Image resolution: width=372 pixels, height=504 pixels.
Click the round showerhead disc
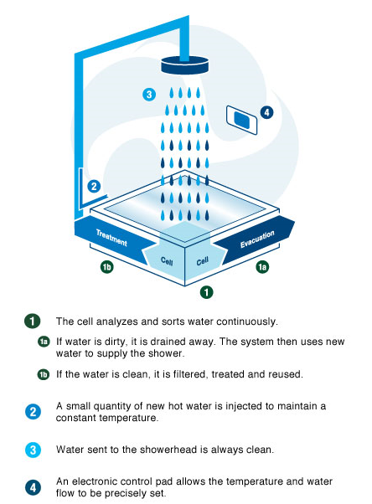pyautogui.click(x=184, y=65)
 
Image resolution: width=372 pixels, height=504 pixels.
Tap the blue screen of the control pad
pyautogui.click(x=241, y=121)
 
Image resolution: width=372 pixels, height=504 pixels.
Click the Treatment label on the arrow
pyautogui.click(x=111, y=238)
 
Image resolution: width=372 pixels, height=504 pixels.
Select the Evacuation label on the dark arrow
pyautogui.click(x=257, y=239)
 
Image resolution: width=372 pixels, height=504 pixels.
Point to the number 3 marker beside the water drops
pyautogui.click(x=149, y=95)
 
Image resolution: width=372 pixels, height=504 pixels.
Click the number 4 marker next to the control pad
pyautogui.click(x=266, y=112)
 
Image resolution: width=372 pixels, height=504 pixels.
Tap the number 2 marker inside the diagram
pyautogui.click(x=94, y=187)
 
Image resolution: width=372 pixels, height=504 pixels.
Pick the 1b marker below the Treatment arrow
pyautogui.click(x=107, y=267)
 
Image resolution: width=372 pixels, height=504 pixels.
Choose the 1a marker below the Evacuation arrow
pyautogui.click(x=262, y=267)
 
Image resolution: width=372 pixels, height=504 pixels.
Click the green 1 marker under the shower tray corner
pyautogui.click(x=206, y=292)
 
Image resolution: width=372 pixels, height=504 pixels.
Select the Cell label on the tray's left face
pyautogui.click(x=167, y=260)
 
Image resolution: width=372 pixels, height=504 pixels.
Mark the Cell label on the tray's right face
pyautogui.click(x=203, y=261)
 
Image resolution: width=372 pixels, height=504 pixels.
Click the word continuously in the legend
pyautogui.click(x=247, y=321)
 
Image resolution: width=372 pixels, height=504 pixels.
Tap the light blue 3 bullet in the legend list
pyautogui.click(x=33, y=450)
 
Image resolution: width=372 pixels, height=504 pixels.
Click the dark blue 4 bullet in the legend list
pyautogui.click(x=33, y=487)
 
